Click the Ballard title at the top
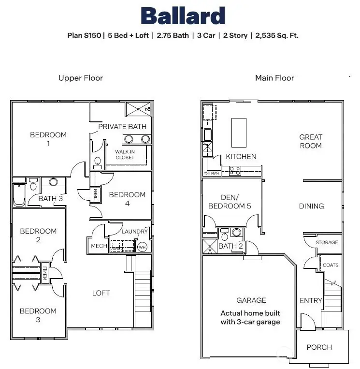click(x=183, y=16)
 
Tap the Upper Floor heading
click(x=81, y=78)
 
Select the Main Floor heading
click(x=274, y=78)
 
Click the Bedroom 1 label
click(x=48, y=139)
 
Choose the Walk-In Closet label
click(x=125, y=155)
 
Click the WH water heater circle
click(x=142, y=247)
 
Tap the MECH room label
click(x=99, y=246)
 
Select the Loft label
click(x=101, y=293)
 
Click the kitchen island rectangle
click(x=239, y=132)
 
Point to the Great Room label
click(x=310, y=141)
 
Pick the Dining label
click(x=311, y=206)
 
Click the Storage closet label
click(x=327, y=242)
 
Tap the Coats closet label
click(x=331, y=265)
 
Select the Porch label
click(x=319, y=347)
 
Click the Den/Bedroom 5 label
click(x=230, y=202)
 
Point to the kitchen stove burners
click(x=235, y=170)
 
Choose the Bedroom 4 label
click(x=127, y=199)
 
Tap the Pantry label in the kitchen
click(x=212, y=173)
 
